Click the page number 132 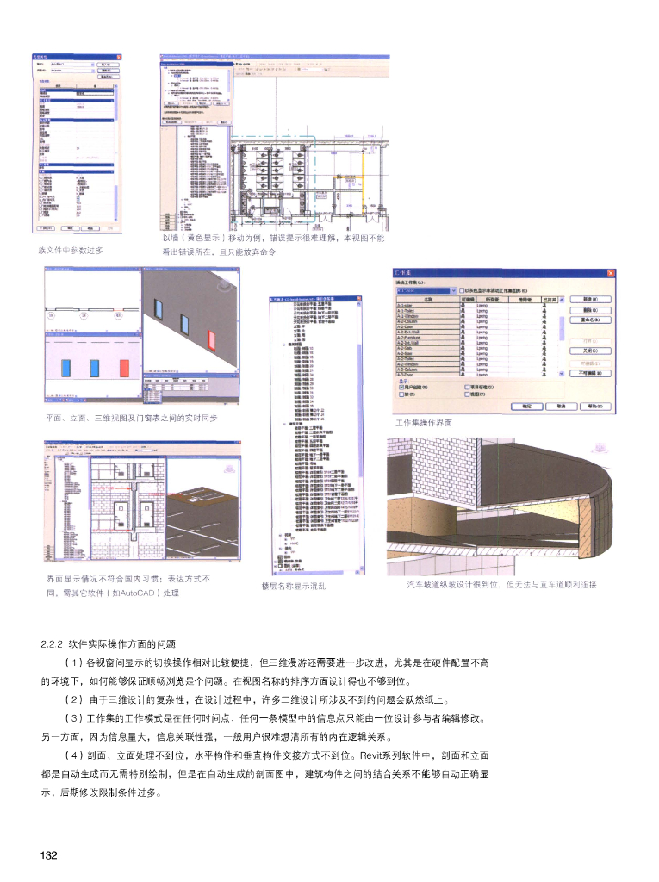(x=47, y=854)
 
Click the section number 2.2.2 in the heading (x=53, y=643)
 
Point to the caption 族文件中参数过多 (x=70, y=250)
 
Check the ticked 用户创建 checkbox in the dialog (x=402, y=388)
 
